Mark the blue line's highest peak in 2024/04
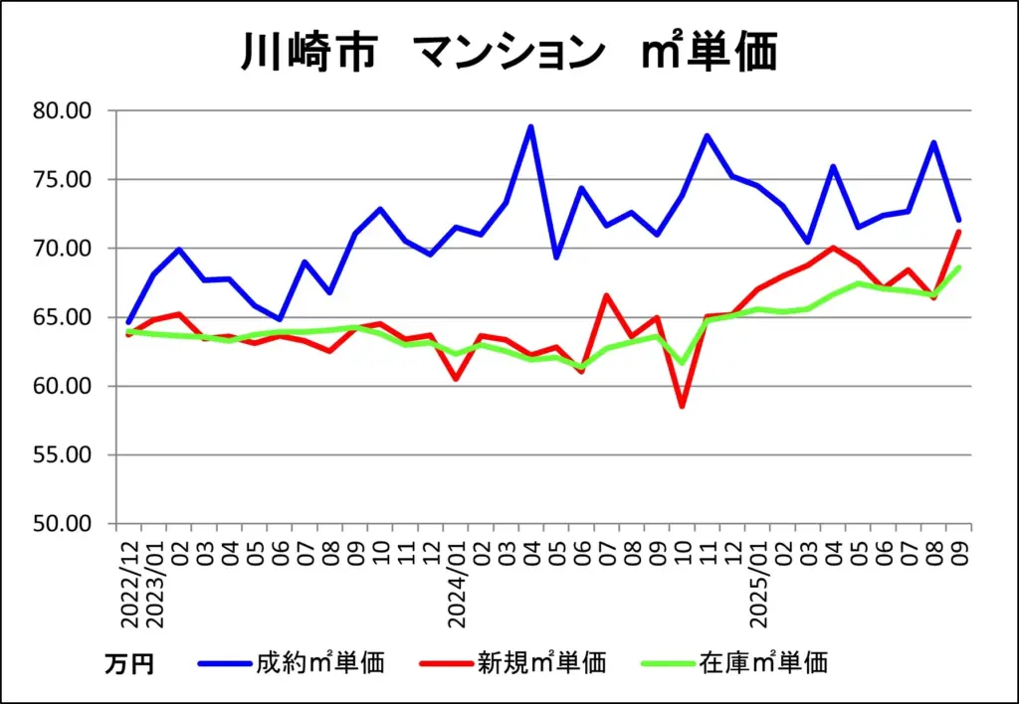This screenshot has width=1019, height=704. (531, 126)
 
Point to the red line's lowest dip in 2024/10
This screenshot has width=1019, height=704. (683, 406)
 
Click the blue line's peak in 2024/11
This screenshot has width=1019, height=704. (708, 135)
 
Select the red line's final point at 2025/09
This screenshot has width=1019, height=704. (959, 232)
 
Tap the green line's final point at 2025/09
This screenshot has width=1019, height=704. (959, 267)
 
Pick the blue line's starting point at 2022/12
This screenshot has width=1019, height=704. (128, 322)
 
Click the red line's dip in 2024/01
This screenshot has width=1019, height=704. (456, 379)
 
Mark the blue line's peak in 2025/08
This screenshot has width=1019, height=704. (934, 142)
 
